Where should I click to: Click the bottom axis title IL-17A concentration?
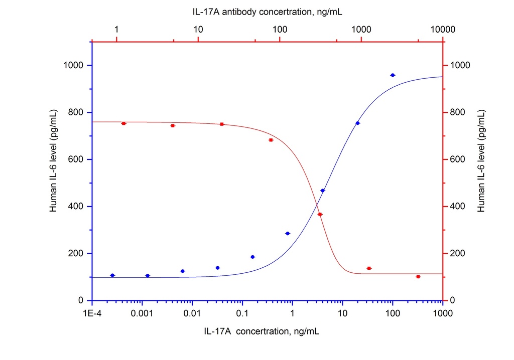pyautogui.click(x=262, y=331)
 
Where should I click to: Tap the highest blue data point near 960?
pyautogui.click(x=393, y=75)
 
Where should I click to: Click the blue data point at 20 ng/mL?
pyautogui.click(x=357, y=123)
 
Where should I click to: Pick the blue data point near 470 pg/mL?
pyautogui.click(x=322, y=191)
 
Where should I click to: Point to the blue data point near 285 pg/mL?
pyautogui.click(x=288, y=233)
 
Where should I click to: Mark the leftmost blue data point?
pyautogui.click(x=112, y=275)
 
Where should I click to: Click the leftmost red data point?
pyautogui.click(x=123, y=123)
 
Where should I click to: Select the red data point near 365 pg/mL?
pyautogui.click(x=320, y=214)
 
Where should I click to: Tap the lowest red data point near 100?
pyautogui.click(x=418, y=277)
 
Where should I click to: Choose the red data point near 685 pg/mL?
pyautogui.click(x=271, y=140)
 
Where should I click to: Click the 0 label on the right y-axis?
pyautogui.click(x=453, y=300)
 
